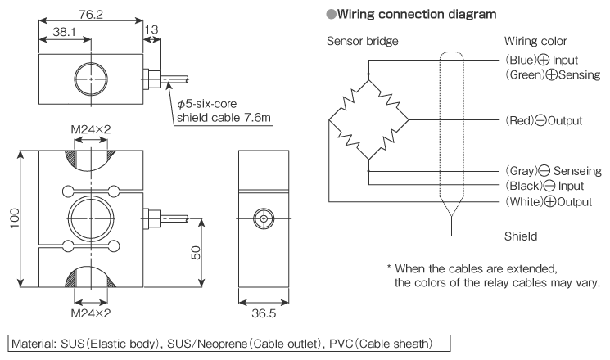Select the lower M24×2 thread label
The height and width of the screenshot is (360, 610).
[90, 313]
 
